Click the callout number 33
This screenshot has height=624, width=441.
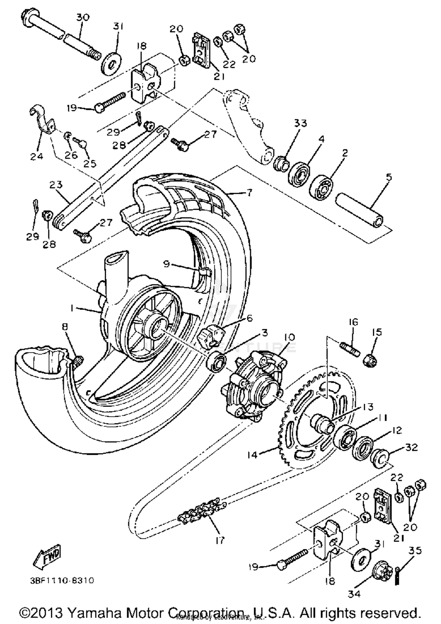pos(300,123)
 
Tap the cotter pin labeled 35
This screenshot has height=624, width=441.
pos(398,574)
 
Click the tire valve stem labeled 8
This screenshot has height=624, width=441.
pos(78,361)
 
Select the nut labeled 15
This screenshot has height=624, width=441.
pos(370,360)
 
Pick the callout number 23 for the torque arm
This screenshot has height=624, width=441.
pos(56,184)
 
